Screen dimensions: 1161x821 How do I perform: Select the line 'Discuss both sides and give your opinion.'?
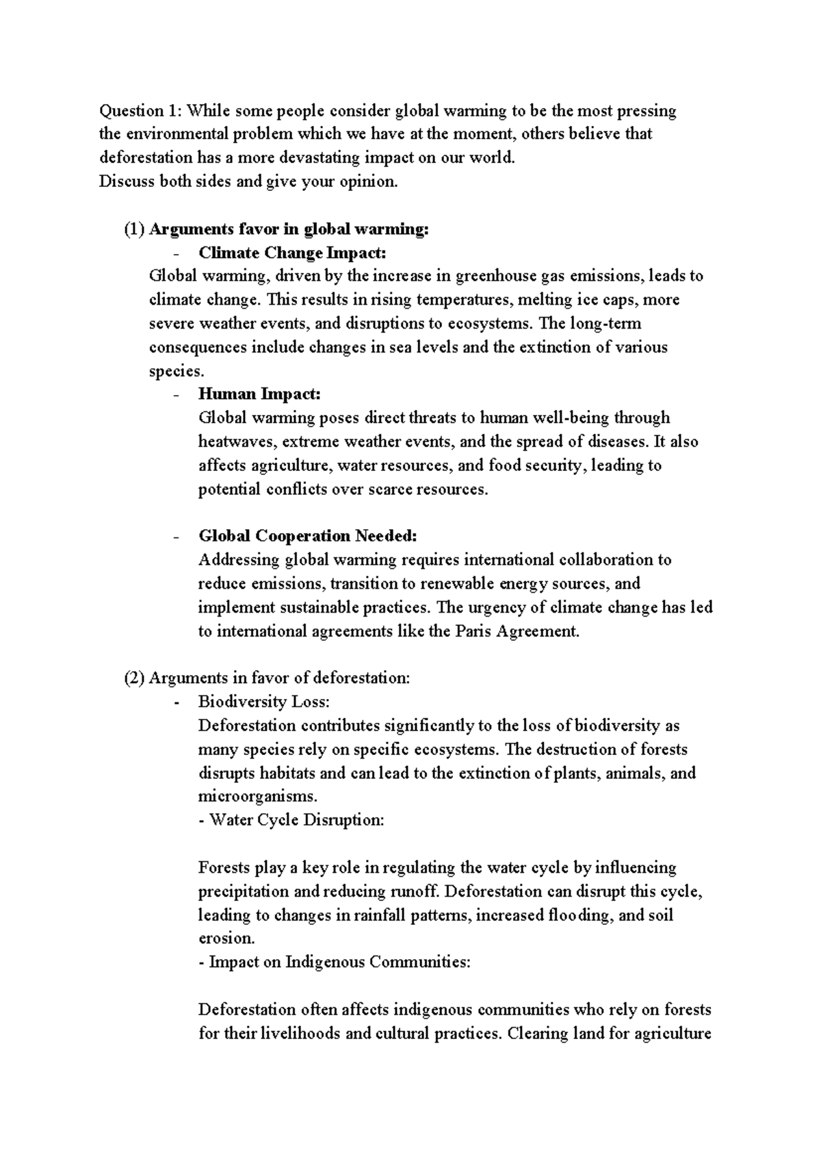tap(248, 182)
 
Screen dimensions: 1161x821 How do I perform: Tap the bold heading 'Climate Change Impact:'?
tap(292, 253)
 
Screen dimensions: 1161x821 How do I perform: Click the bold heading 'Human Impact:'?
tap(259, 394)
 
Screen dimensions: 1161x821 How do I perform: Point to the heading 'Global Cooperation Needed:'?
tap(307, 536)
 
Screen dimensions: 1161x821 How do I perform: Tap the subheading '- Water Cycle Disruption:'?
tap(291, 820)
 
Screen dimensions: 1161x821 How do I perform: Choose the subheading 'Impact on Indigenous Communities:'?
tap(339, 962)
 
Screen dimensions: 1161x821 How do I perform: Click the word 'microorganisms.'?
tap(259, 797)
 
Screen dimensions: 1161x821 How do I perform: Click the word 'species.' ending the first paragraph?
tap(177, 371)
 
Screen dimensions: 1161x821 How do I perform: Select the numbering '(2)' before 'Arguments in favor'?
tap(134, 678)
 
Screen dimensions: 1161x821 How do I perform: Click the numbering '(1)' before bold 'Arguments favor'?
tap(134, 229)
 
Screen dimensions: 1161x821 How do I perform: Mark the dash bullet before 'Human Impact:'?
tap(177, 395)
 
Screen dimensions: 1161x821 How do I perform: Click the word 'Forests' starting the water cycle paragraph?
tap(224, 868)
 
